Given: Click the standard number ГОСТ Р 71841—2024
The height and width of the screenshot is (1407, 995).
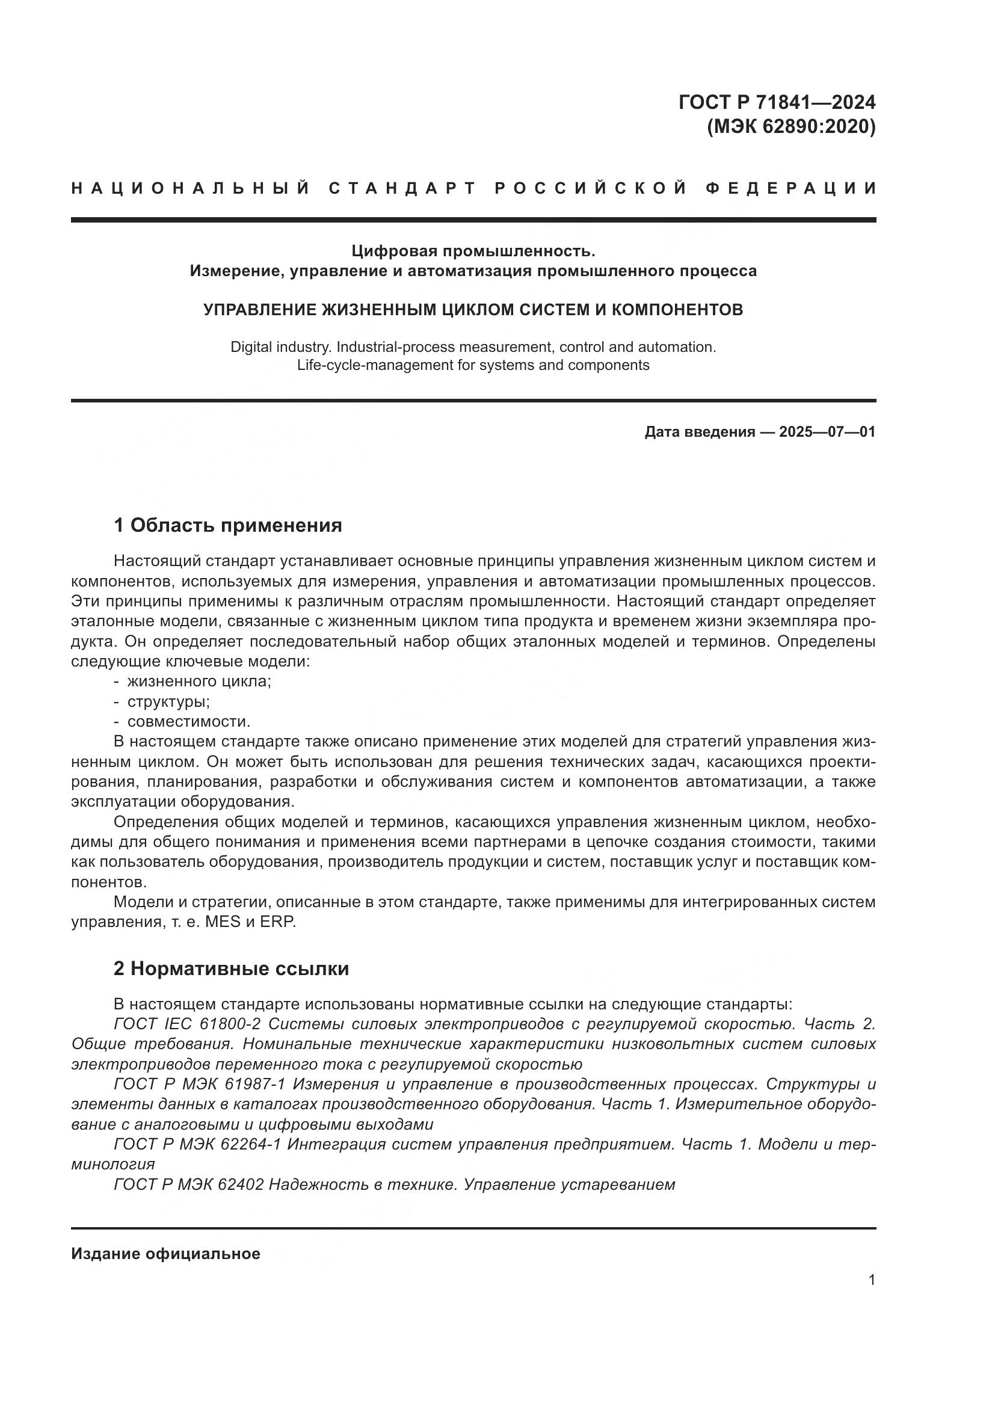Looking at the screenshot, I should [x=777, y=102].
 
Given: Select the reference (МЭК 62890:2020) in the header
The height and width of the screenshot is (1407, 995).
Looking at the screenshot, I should [x=791, y=127].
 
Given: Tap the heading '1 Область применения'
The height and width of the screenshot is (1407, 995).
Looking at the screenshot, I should [x=228, y=525].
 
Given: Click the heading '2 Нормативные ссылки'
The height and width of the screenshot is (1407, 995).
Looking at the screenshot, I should [x=232, y=969].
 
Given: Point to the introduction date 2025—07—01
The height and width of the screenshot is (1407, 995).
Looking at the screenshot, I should [x=827, y=432].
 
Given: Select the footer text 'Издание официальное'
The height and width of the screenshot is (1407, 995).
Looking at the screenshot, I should [x=165, y=1253].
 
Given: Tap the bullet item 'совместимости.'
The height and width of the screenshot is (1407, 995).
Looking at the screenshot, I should [x=189, y=721].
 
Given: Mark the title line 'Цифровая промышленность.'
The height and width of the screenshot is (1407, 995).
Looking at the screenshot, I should [x=473, y=251].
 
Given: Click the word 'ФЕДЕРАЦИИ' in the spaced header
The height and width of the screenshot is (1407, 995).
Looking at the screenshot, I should [x=791, y=188].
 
